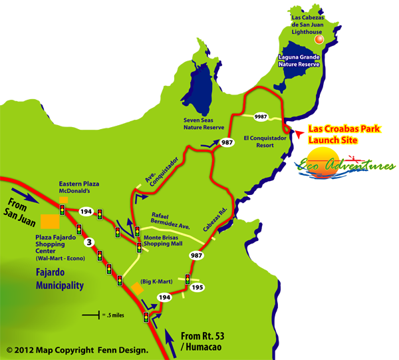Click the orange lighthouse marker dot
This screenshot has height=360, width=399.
coord(319,40)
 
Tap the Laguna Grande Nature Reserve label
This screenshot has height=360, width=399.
coord(298,61)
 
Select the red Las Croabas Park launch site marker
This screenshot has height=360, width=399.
coord(299,134)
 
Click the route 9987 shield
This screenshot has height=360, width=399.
coord(261,116)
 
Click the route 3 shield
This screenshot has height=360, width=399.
coord(90,241)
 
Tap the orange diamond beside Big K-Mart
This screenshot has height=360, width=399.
coord(137,287)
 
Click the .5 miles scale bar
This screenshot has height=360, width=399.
coord(94,313)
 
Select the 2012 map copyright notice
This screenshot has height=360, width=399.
coord(76,349)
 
